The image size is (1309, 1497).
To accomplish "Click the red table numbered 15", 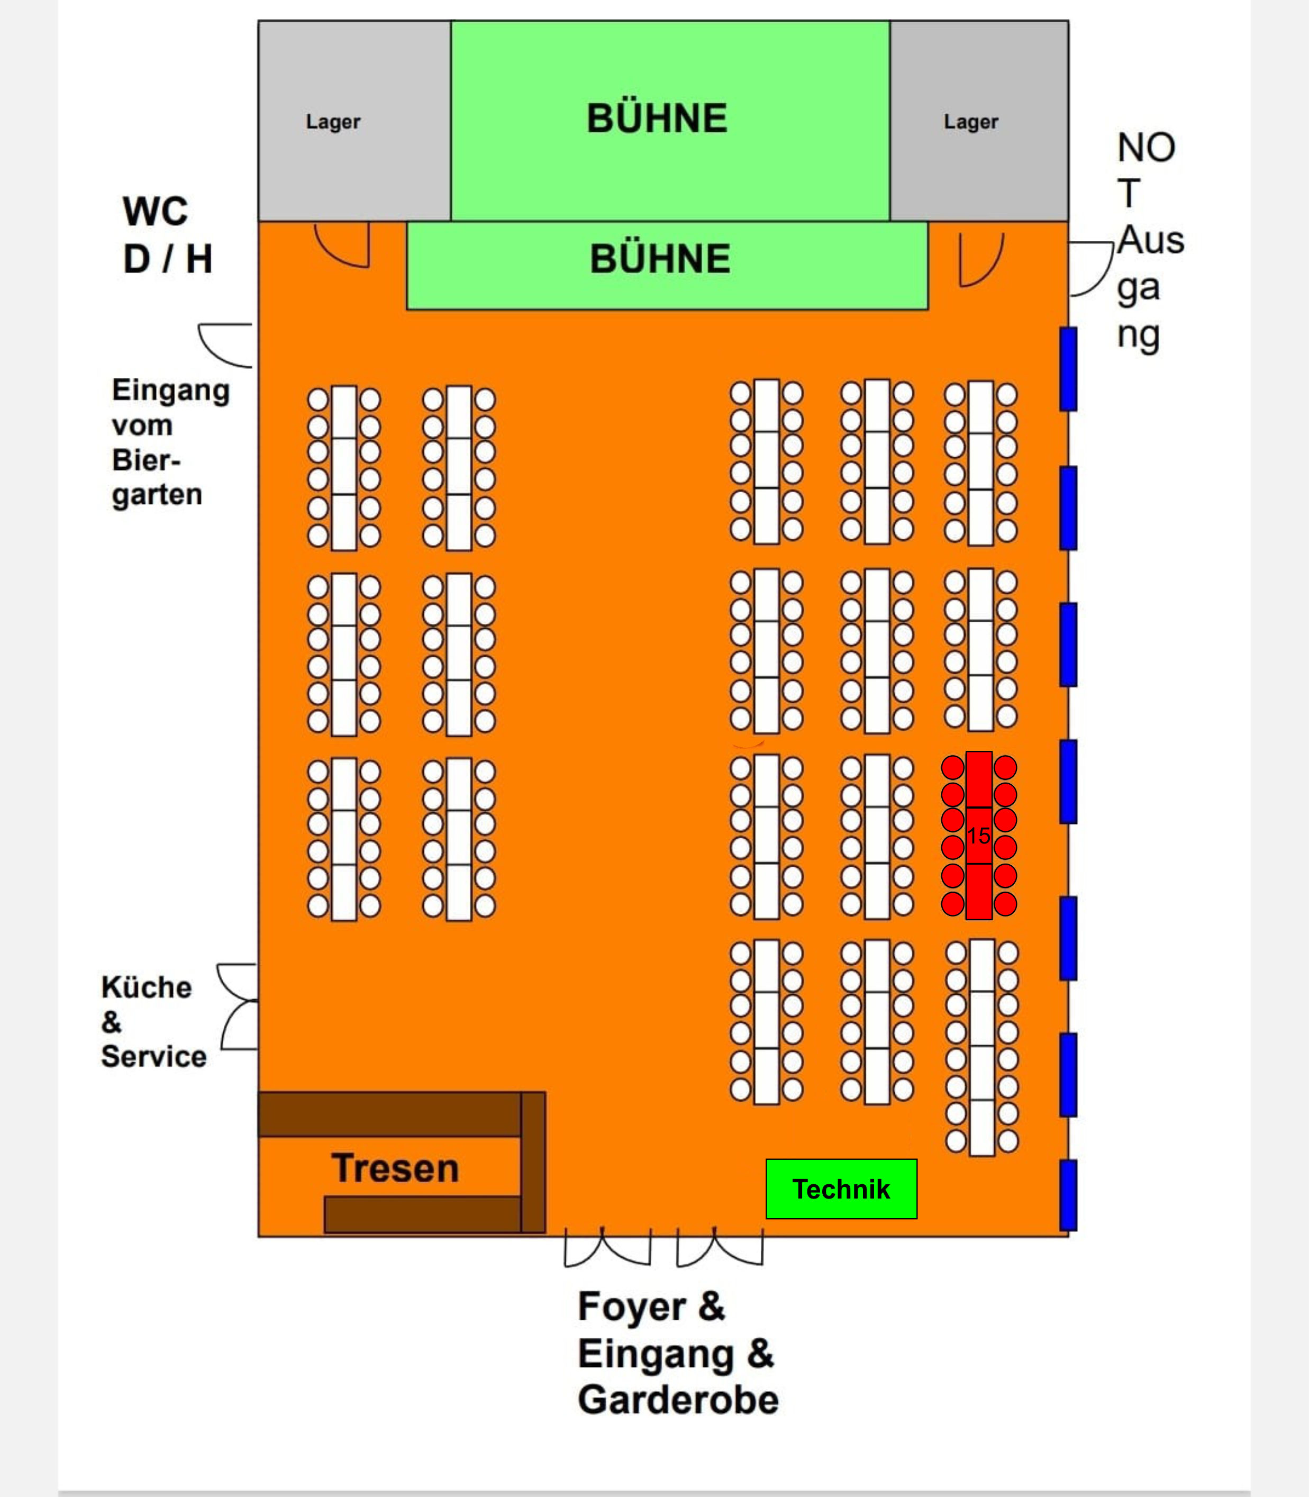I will [978, 835].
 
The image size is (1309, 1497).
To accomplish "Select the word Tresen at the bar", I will [395, 1167].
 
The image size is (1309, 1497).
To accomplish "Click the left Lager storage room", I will [333, 121].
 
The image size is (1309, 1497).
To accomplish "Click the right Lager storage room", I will [971, 121].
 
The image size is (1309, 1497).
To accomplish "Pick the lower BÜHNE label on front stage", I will [660, 259].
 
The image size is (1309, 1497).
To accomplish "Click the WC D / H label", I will [167, 235].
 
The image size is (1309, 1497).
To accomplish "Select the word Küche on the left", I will [146, 987].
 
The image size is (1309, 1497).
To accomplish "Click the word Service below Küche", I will [153, 1056].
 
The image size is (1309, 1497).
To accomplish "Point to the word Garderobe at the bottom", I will [678, 1400].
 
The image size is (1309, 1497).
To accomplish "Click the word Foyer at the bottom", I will [632, 1307].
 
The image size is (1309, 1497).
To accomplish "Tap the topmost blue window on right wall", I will [1068, 369].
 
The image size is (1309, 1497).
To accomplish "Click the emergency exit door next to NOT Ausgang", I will [1092, 269].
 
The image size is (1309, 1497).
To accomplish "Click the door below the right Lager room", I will [980, 259].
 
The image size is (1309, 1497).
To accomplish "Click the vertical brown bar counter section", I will [532, 1162].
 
